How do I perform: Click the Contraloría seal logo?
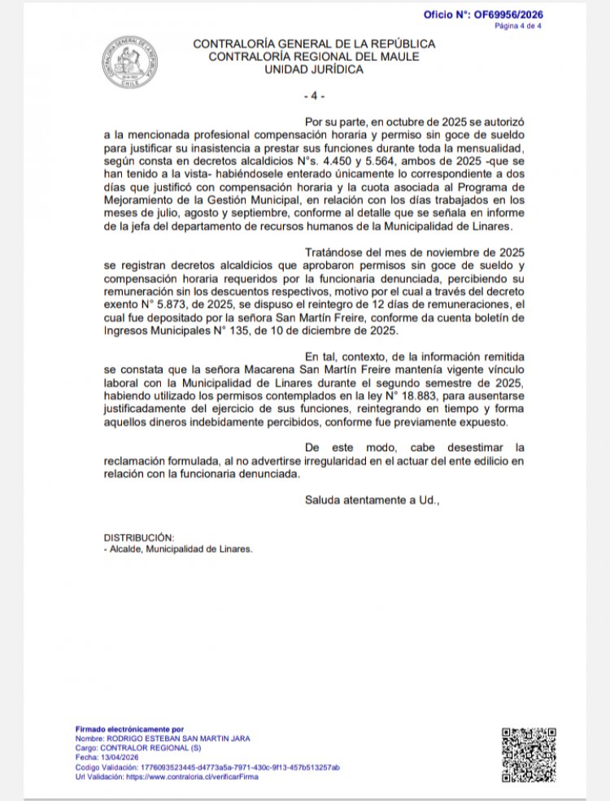pyautogui.click(x=130, y=63)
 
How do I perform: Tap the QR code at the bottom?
pyautogui.click(x=529, y=755)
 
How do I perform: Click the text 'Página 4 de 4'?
pyautogui.click(x=518, y=26)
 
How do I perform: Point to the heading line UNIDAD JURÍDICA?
pyautogui.click(x=314, y=70)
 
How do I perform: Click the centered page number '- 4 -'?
pyautogui.click(x=314, y=96)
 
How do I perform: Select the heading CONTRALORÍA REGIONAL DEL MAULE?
pyautogui.click(x=314, y=57)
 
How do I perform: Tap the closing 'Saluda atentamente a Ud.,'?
pyautogui.click(x=372, y=500)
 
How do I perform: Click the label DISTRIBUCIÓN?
pyautogui.click(x=139, y=537)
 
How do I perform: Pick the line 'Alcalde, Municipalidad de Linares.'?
pyautogui.click(x=181, y=549)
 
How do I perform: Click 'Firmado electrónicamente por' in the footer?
pyautogui.click(x=130, y=729)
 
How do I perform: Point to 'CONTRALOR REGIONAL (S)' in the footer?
pyautogui.click(x=141, y=748)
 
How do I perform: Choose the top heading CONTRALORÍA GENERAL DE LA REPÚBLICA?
pyautogui.click(x=314, y=44)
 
